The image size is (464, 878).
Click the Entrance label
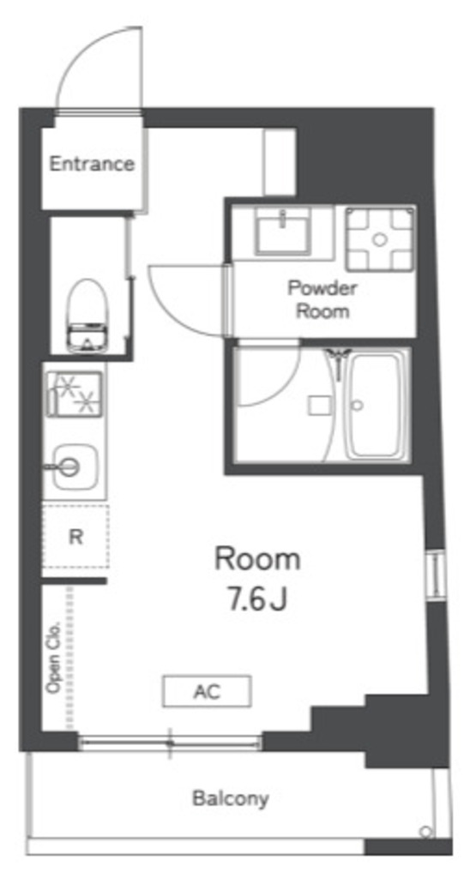(92, 164)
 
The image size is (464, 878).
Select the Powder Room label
(322, 299)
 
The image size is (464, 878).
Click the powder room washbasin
(282, 230)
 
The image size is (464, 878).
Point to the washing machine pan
(380, 238)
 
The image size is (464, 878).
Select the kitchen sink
(74, 466)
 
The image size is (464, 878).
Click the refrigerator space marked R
(75, 537)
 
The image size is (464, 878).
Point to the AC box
(206, 692)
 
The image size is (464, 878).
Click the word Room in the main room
(258, 559)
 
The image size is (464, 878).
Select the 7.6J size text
(257, 600)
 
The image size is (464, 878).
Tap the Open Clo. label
(53, 657)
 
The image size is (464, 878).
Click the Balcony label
(231, 798)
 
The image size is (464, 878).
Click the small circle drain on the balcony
(426, 831)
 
